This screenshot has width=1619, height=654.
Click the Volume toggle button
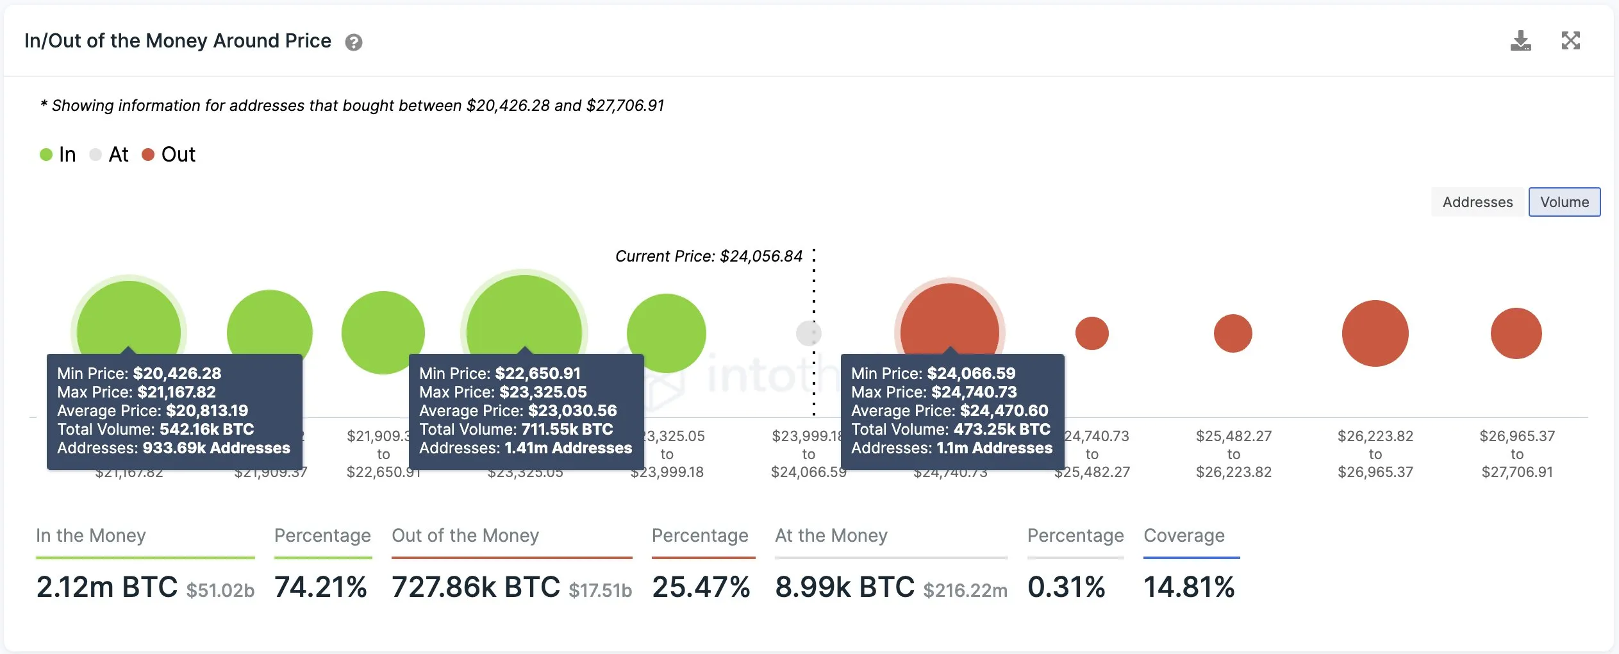[x=1564, y=202]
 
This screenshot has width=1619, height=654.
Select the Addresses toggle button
[x=1477, y=202]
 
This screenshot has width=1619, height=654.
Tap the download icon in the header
[x=1520, y=41]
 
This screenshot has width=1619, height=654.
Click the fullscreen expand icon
[x=1570, y=41]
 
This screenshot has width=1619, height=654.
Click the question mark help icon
[x=354, y=42]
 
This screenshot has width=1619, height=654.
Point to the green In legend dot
[x=46, y=155]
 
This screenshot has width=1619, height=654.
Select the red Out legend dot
[x=148, y=155]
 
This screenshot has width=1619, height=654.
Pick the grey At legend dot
[x=95, y=155]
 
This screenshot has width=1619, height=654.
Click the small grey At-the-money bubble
[x=808, y=333]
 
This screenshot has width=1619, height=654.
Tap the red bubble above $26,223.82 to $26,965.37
[x=1375, y=333]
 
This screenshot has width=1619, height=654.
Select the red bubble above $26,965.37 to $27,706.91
[x=1516, y=333]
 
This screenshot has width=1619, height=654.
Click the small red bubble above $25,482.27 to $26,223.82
[x=1233, y=333]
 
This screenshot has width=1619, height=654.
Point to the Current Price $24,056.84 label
[x=709, y=256]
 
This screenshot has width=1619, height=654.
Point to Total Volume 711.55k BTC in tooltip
[x=516, y=429]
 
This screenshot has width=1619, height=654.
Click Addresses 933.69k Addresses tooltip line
[x=173, y=448]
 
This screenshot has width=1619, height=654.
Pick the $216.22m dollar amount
[x=965, y=590]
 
